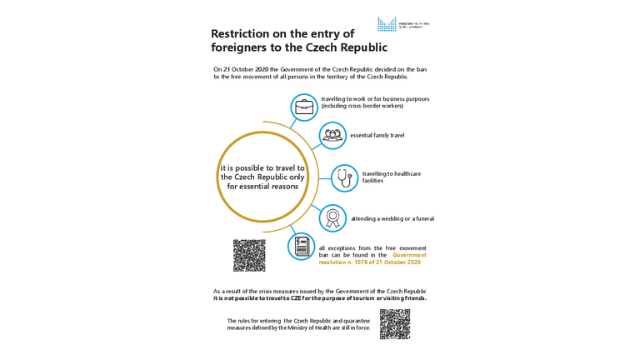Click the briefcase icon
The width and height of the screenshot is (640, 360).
[x=304, y=107]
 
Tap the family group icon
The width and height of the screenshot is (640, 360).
[x=332, y=135]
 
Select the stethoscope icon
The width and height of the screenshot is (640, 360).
[x=345, y=178]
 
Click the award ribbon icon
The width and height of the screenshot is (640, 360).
[x=332, y=218]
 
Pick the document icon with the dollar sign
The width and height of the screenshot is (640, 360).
[x=302, y=247]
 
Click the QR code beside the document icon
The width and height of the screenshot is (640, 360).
[x=249, y=255]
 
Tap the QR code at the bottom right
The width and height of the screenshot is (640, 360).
[x=395, y=324]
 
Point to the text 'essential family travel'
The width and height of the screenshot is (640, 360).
[x=377, y=135]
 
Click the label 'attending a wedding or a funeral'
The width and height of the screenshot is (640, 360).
[x=392, y=219]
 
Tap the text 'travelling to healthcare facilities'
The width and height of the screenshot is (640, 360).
[x=391, y=177]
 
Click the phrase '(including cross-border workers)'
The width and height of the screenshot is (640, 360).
[x=362, y=107]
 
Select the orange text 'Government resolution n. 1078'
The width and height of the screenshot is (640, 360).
[x=372, y=259]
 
